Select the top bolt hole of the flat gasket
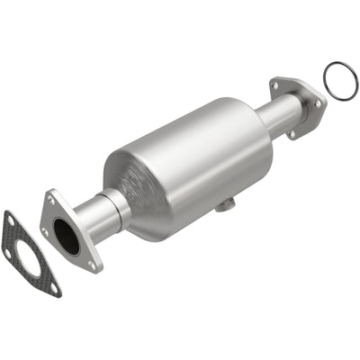click(11, 220)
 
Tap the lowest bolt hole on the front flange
click(90, 265)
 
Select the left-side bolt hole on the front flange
click(45, 230)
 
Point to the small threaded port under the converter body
click(221, 206)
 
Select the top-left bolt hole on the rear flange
click(274, 86)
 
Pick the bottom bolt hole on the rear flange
click(291, 135)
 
